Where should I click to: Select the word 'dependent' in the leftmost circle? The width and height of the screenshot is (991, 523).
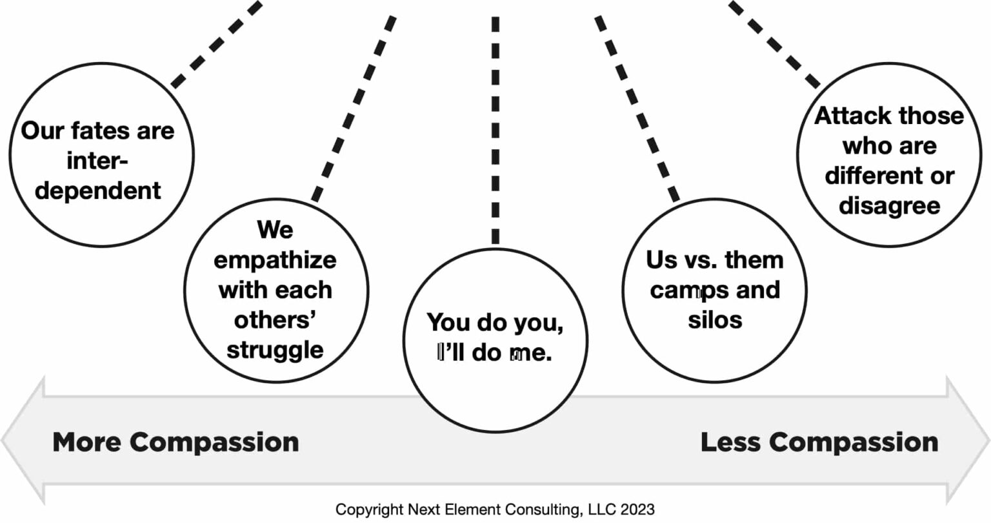(x=98, y=191)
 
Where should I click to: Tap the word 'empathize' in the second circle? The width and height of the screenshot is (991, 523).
(x=275, y=260)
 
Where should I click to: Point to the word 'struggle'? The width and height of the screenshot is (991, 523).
(x=275, y=349)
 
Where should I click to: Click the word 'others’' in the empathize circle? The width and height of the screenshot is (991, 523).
(x=275, y=320)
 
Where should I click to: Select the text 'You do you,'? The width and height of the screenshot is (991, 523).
(x=495, y=322)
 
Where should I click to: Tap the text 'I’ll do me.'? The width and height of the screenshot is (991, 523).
(x=495, y=353)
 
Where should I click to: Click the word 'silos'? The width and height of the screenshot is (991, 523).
(x=715, y=320)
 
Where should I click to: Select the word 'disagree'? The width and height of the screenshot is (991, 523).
(x=889, y=206)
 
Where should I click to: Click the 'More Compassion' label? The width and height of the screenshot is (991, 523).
(x=175, y=442)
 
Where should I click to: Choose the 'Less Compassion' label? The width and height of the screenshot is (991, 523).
(x=819, y=442)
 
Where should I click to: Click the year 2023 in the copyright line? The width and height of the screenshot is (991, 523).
(x=637, y=509)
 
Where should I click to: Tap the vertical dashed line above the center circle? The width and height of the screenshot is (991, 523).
(x=495, y=129)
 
